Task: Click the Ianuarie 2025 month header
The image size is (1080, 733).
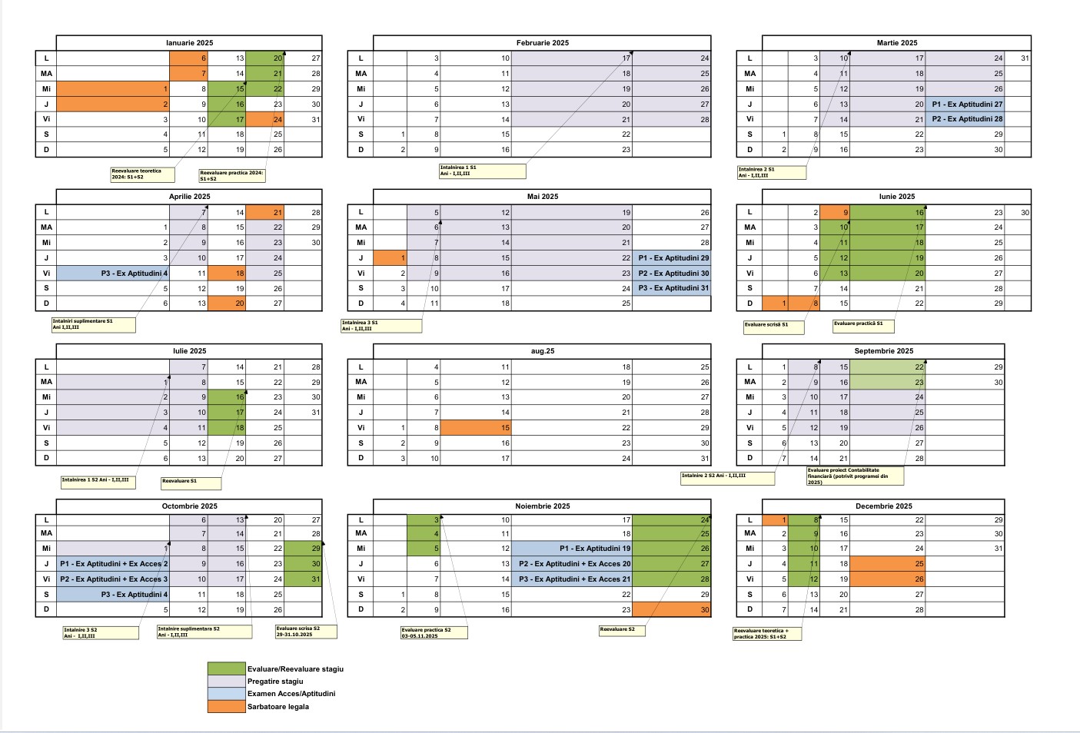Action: click(x=189, y=43)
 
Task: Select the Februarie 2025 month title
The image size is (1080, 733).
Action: click(x=542, y=43)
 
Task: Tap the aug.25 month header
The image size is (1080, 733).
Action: click(x=542, y=351)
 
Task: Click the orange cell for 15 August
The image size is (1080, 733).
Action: click(x=476, y=428)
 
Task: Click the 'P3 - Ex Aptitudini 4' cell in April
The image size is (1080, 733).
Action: click(x=113, y=274)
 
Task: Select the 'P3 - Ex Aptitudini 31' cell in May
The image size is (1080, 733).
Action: click(x=672, y=289)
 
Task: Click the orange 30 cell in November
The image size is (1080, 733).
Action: click(x=671, y=610)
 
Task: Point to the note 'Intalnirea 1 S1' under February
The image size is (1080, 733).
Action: click(x=482, y=171)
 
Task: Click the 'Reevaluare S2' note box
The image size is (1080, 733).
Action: click(x=622, y=631)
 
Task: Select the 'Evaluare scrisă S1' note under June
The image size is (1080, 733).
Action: click(x=773, y=327)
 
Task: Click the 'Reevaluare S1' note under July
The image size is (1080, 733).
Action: click(x=191, y=483)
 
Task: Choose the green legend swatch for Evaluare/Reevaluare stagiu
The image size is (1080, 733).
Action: click(x=226, y=669)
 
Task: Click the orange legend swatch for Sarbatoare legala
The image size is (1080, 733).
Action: click(x=226, y=706)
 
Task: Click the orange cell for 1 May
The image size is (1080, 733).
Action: click(x=390, y=258)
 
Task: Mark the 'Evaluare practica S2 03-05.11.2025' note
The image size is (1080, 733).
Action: click(x=434, y=633)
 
